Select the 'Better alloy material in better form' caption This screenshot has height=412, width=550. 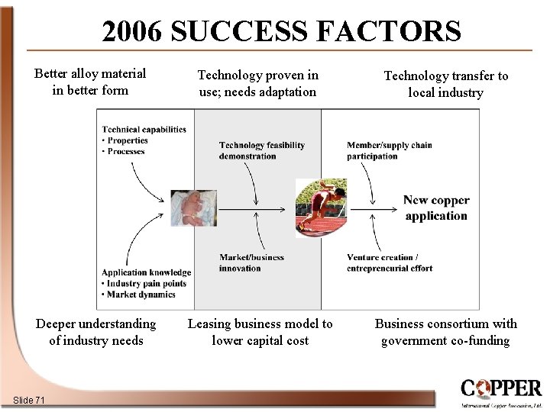click(x=90, y=82)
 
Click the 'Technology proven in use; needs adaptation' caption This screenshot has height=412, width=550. click(x=257, y=83)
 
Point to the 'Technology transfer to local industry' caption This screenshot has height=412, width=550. click(x=445, y=84)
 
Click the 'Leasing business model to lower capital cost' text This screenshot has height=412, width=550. click(x=260, y=332)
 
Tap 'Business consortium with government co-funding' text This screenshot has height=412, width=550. click(x=445, y=332)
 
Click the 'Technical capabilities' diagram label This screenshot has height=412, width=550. click(x=144, y=130)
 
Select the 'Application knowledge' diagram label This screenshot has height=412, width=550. click(x=146, y=272)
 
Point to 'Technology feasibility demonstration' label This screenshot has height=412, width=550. click(x=261, y=150)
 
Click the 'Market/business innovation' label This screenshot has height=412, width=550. click(x=251, y=262)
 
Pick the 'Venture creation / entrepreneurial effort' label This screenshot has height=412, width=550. click(x=389, y=262)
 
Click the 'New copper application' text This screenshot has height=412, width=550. click(x=436, y=208)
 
